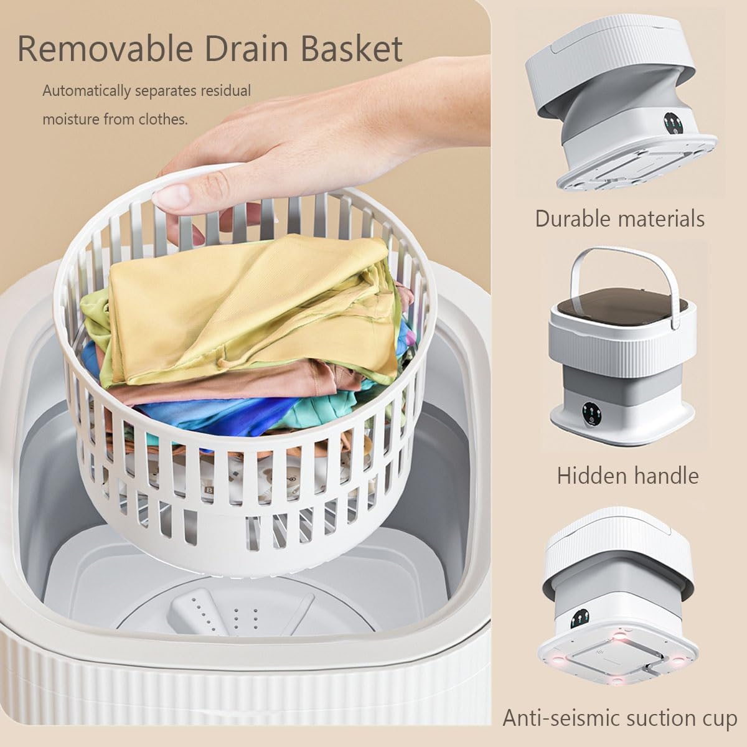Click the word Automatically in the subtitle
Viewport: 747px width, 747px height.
[85, 91]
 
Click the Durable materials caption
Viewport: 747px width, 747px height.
[620, 218]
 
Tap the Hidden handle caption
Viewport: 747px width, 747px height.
[627, 476]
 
